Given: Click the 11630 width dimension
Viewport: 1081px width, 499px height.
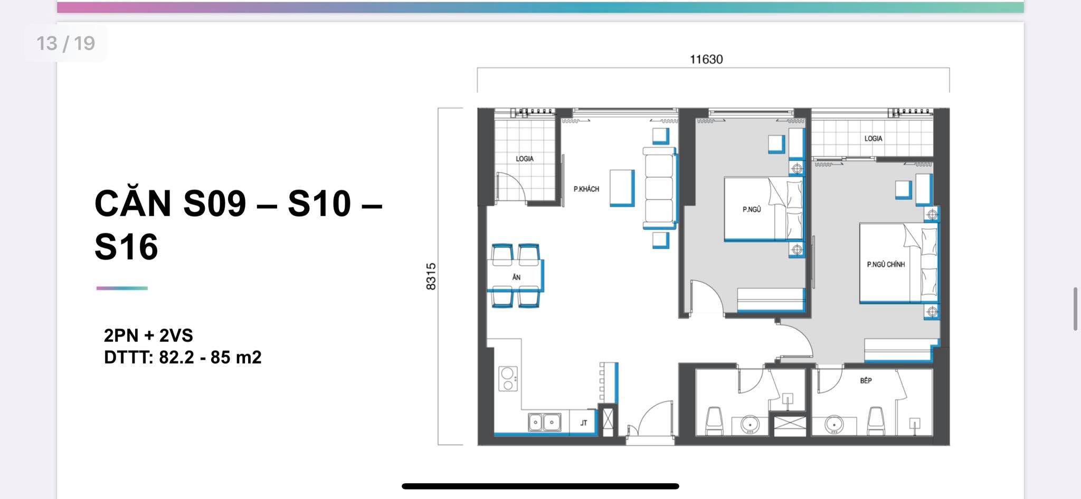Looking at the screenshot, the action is pyautogui.click(x=706, y=59).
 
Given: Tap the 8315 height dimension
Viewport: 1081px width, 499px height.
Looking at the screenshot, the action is pyautogui.click(x=431, y=276).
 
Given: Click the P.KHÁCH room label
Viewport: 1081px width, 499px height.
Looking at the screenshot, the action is pyautogui.click(x=586, y=189).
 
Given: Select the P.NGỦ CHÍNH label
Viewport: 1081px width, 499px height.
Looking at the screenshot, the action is pyautogui.click(x=886, y=264).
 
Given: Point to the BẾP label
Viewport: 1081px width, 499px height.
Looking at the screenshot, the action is pyautogui.click(x=866, y=380).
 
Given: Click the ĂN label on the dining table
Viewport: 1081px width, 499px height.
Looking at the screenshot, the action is pyautogui.click(x=516, y=277).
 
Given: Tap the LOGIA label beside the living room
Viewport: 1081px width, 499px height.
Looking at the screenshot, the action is pyautogui.click(x=525, y=158).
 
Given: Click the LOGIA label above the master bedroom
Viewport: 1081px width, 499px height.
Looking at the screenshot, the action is pyautogui.click(x=873, y=138).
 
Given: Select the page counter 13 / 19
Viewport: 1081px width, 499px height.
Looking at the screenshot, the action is pyautogui.click(x=65, y=43).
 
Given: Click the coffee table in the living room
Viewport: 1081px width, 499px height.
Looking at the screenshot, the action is pyautogui.click(x=622, y=188).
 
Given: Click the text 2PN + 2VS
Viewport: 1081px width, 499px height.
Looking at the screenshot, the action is pyautogui.click(x=148, y=335).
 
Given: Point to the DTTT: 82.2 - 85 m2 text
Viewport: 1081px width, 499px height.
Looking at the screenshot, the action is pyautogui.click(x=183, y=358).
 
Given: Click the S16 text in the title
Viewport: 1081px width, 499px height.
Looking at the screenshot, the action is pyautogui.click(x=126, y=246).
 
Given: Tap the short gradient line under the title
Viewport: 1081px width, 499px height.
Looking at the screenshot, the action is pyautogui.click(x=122, y=288).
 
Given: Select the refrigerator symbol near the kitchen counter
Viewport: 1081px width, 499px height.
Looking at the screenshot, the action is pyautogui.click(x=608, y=420).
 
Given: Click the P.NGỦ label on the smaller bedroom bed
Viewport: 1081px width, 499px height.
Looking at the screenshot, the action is pyautogui.click(x=752, y=209).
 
